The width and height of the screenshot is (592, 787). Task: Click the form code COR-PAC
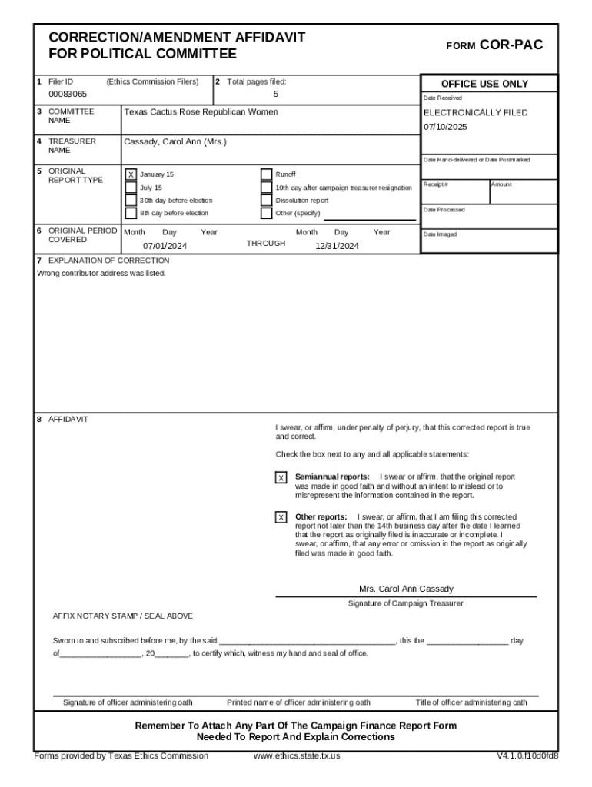point(511,45)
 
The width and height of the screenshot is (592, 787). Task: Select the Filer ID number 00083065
point(68,95)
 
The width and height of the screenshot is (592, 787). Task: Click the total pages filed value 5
point(275,95)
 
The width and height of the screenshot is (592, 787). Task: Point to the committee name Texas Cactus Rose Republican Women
point(201,112)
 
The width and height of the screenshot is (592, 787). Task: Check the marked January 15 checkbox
point(131,174)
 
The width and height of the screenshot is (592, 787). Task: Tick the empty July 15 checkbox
point(131,188)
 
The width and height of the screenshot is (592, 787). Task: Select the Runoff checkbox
point(266,174)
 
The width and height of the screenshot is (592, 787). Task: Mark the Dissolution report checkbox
point(266,201)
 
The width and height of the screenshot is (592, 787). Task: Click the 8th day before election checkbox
point(131,213)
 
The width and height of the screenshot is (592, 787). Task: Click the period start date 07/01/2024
point(165,246)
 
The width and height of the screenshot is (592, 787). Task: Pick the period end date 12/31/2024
point(337,246)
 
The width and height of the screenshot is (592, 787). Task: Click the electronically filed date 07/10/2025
point(445,126)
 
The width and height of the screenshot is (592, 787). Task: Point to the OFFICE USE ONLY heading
point(484,84)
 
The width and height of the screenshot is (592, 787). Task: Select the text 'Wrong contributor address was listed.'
point(101,273)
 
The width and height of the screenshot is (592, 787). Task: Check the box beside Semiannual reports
point(281,478)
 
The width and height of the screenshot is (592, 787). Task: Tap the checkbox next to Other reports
point(281,517)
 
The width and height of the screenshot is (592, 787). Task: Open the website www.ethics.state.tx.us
point(297,755)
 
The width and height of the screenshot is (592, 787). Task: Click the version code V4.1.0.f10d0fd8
point(527,755)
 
